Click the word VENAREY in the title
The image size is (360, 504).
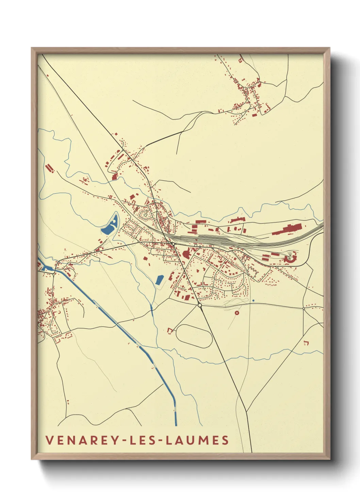coord(82,440)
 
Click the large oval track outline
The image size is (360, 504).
coord(194,336)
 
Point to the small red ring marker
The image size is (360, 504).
coord(237,313)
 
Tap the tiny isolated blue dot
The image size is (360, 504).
coord(253,300)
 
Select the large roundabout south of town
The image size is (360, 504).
coord(200,305)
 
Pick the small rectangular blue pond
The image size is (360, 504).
coord(159,280)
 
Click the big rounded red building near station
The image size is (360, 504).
coord(186,254)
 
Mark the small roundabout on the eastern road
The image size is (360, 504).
coord(303,309)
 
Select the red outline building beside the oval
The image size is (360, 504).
coord(170,330)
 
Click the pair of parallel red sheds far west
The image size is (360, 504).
coord(50,168)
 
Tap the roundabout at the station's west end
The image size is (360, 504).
coord(174,244)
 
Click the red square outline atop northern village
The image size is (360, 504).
coord(240,61)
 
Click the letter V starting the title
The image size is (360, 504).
coord(49,440)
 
